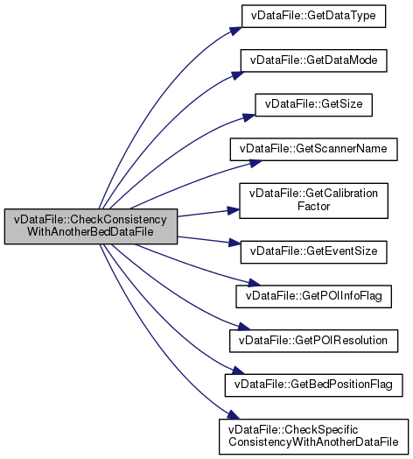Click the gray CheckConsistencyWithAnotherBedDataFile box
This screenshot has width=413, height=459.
coord(91,226)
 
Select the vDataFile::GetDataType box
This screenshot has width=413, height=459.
coord(313,16)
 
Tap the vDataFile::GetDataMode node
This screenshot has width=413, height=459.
coord(313,60)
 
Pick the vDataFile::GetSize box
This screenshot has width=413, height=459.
coord(313,105)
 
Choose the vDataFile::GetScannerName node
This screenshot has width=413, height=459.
coord(313,149)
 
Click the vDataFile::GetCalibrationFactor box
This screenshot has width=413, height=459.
coord(313,201)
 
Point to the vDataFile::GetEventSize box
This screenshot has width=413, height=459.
coord(313,252)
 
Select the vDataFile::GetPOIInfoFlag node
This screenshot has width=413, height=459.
coord(313,297)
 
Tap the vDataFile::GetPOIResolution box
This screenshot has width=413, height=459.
coord(313,341)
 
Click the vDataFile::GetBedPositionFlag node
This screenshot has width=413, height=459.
coord(313,385)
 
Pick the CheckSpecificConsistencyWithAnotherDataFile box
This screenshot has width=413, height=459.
coord(313,436)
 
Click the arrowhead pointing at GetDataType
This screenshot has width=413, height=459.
coord(235,31)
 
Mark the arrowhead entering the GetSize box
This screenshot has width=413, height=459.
coord(248,117)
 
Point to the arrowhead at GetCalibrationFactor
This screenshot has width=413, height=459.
coord(234,210)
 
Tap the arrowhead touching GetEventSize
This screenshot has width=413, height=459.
coord(234,243)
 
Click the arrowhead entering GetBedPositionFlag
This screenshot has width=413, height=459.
coord(238,371)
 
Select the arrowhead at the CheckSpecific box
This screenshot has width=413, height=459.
coord(234,415)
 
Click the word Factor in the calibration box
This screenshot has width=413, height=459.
coord(313,207)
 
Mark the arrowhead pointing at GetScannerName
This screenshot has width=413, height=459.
coord(255,163)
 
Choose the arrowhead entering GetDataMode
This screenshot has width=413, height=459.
coord(237,75)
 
